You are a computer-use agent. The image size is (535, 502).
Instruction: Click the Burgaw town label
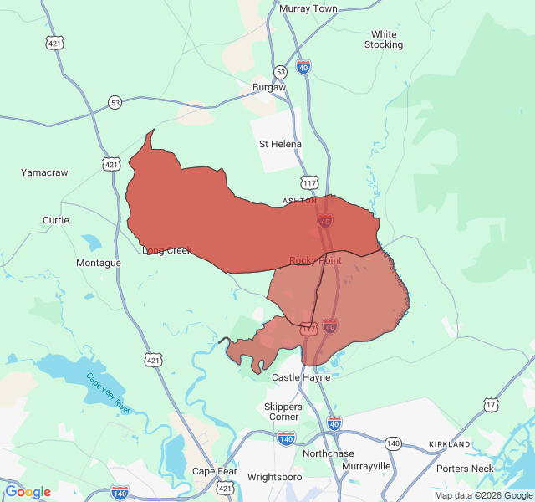pos(269,86)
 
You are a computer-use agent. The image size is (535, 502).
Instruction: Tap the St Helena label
pos(280,144)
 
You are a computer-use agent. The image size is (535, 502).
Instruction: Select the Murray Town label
pos(308,8)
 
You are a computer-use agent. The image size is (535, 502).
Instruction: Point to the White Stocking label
pos(384,39)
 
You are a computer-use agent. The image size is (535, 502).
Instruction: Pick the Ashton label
pos(299,201)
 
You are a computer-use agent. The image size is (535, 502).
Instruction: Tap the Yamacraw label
pos(44,172)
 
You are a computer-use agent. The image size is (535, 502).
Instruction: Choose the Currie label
pos(56,220)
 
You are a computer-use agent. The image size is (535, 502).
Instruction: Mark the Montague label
pos(99,263)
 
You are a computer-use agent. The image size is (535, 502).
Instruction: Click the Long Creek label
pos(166,250)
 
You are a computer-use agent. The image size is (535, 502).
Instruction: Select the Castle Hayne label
pos(301,377)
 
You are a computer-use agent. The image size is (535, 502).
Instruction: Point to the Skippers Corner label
pos(283,412)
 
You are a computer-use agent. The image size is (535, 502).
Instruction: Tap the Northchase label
pos(328,453)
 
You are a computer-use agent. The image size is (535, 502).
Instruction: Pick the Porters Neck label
pos(465,469)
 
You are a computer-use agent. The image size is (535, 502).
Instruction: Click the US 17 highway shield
pos(491,405)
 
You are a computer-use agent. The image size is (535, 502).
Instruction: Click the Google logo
pos(28,492)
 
